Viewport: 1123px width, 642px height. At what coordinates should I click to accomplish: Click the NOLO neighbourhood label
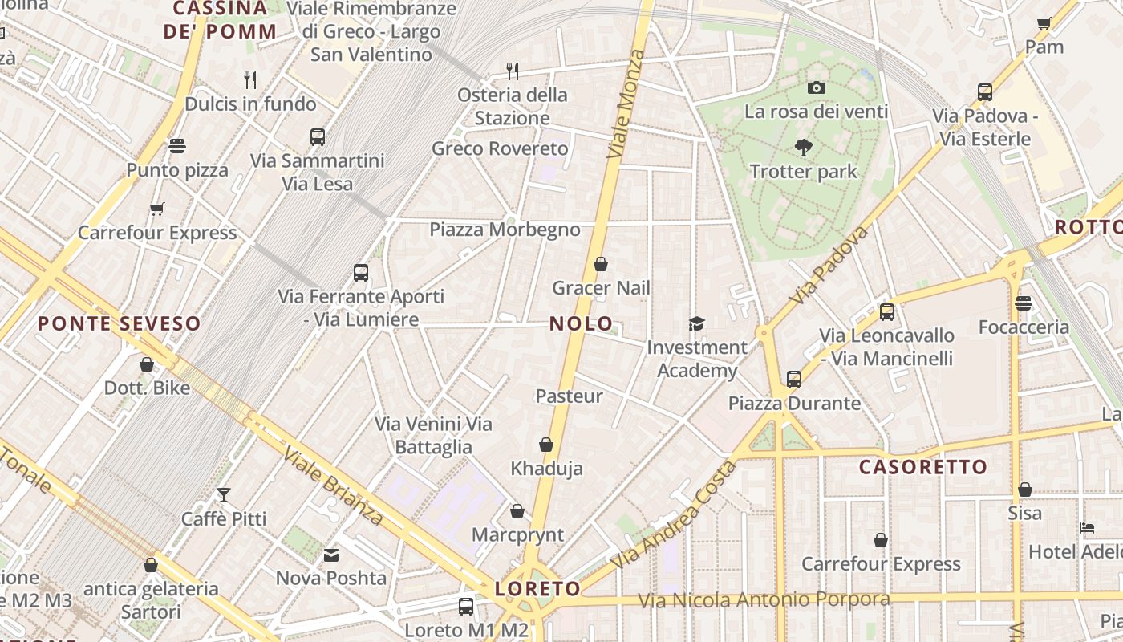click(574, 323)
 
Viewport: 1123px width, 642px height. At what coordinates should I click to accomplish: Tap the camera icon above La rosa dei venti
click(817, 87)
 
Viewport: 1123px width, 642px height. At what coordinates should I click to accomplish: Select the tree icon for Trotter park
click(803, 148)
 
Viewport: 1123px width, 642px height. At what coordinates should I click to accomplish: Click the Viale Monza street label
click(626, 104)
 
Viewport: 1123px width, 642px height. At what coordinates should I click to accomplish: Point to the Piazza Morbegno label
click(505, 230)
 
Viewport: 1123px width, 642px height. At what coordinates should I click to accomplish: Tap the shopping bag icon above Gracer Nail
click(601, 264)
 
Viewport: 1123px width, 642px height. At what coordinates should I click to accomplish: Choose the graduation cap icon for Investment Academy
click(696, 323)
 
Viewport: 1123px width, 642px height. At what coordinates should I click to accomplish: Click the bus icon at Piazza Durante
click(794, 379)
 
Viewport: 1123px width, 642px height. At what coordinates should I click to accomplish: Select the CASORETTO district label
click(922, 467)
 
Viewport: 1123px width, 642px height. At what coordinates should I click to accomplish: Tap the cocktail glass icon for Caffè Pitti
click(224, 494)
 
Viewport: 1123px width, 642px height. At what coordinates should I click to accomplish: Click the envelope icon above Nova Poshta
click(330, 555)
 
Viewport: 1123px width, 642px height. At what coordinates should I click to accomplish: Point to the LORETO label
click(537, 588)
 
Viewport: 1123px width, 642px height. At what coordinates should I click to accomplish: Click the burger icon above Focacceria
click(1023, 303)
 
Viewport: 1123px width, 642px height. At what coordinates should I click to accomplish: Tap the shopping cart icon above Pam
click(1044, 23)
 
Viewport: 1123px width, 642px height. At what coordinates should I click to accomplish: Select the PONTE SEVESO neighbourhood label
click(120, 324)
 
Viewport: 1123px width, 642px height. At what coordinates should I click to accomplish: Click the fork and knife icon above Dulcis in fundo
click(250, 79)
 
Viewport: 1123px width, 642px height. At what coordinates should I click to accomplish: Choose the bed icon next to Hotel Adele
click(1087, 528)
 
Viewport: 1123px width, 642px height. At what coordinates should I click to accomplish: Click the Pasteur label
click(569, 396)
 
